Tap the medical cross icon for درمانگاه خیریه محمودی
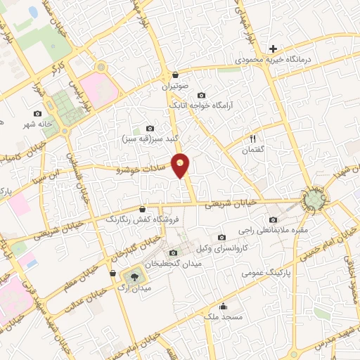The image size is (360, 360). point(273,49)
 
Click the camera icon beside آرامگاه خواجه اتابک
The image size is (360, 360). point(202,95)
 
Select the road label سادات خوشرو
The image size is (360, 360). point(143,169)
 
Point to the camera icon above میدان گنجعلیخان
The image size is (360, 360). point(174,252)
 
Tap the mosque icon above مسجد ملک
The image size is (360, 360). point(224,306)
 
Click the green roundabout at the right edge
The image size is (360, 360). point(313,200)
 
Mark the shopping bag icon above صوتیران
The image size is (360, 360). point(175,75)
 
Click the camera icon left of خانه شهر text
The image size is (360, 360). point(37,113)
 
